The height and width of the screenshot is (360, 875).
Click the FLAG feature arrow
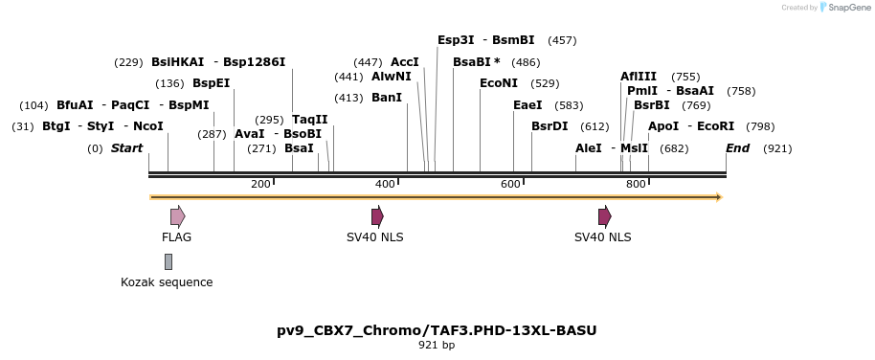click(177, 216)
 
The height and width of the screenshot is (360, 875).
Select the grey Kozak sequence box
click(168, 261)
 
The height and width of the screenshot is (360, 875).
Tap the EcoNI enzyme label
click(499, 83)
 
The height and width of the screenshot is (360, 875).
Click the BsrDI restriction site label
click(550, 126)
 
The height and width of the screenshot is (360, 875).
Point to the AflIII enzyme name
click(639, 77)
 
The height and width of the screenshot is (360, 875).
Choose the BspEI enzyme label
click(212, 83)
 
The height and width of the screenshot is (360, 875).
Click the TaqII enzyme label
click(310, 120)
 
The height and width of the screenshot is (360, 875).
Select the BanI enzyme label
click(387, 98)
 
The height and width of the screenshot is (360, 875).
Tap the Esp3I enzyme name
click(456, 40)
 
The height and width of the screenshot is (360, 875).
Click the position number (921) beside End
click(777, 148)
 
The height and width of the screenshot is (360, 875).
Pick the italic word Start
click(126, 148)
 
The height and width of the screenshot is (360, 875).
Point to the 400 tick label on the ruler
click(385, 184)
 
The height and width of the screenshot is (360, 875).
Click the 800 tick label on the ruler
click(636, 184)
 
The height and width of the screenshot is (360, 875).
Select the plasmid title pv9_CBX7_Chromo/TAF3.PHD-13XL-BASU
click(437, 330)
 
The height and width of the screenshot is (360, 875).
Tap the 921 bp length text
click(437, 345)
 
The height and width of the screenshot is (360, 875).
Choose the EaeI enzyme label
click(527, 105)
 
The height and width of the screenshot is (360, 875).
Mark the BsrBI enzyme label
click(652, 105)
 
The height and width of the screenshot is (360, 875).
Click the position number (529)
click(545, 83)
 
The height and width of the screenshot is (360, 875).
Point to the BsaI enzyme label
click(300, 148)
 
